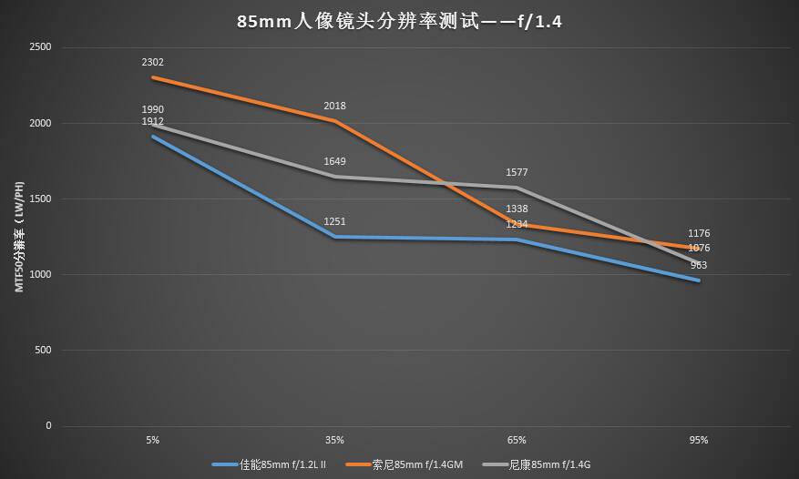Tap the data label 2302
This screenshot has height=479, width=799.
click(x=152, y=63)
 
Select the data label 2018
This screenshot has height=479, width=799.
click(x=334, y=107)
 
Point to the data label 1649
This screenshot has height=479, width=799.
click(x=334, y=162)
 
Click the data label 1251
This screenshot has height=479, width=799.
click(x=334, y=222)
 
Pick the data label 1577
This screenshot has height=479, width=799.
click(x=517, y=172)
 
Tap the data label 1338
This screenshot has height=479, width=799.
click(x=517, y=209)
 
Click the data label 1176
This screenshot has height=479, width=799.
click(x=699, y=234)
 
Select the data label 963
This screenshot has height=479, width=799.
click(x=699, y=266)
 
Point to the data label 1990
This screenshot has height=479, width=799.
click(x=152, y=110)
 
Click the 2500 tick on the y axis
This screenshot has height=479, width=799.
click(x=40, y=47)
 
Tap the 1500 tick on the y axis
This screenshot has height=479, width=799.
click(x=40, y=199)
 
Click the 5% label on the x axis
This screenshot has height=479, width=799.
click(x=152, y=440)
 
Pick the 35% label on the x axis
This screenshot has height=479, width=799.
click(x=334, y=440)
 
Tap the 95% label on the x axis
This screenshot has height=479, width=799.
click(x=699, y=440)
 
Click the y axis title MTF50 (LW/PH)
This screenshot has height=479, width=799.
click(x=17, y=237)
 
